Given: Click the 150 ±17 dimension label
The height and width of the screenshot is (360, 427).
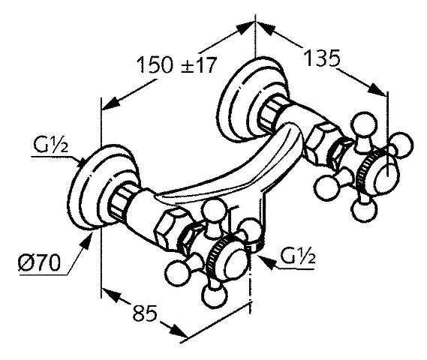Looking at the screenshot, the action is click(176, 65).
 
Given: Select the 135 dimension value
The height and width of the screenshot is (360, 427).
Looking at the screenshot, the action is click(322, 58).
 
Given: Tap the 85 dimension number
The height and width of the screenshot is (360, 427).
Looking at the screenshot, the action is click(145, 313).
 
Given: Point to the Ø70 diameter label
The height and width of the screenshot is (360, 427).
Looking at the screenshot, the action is click(40, 263).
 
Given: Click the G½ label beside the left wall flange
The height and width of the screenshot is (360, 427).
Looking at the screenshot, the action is click(50, 145).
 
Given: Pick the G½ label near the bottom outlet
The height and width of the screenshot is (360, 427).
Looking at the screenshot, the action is click(298, 256).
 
